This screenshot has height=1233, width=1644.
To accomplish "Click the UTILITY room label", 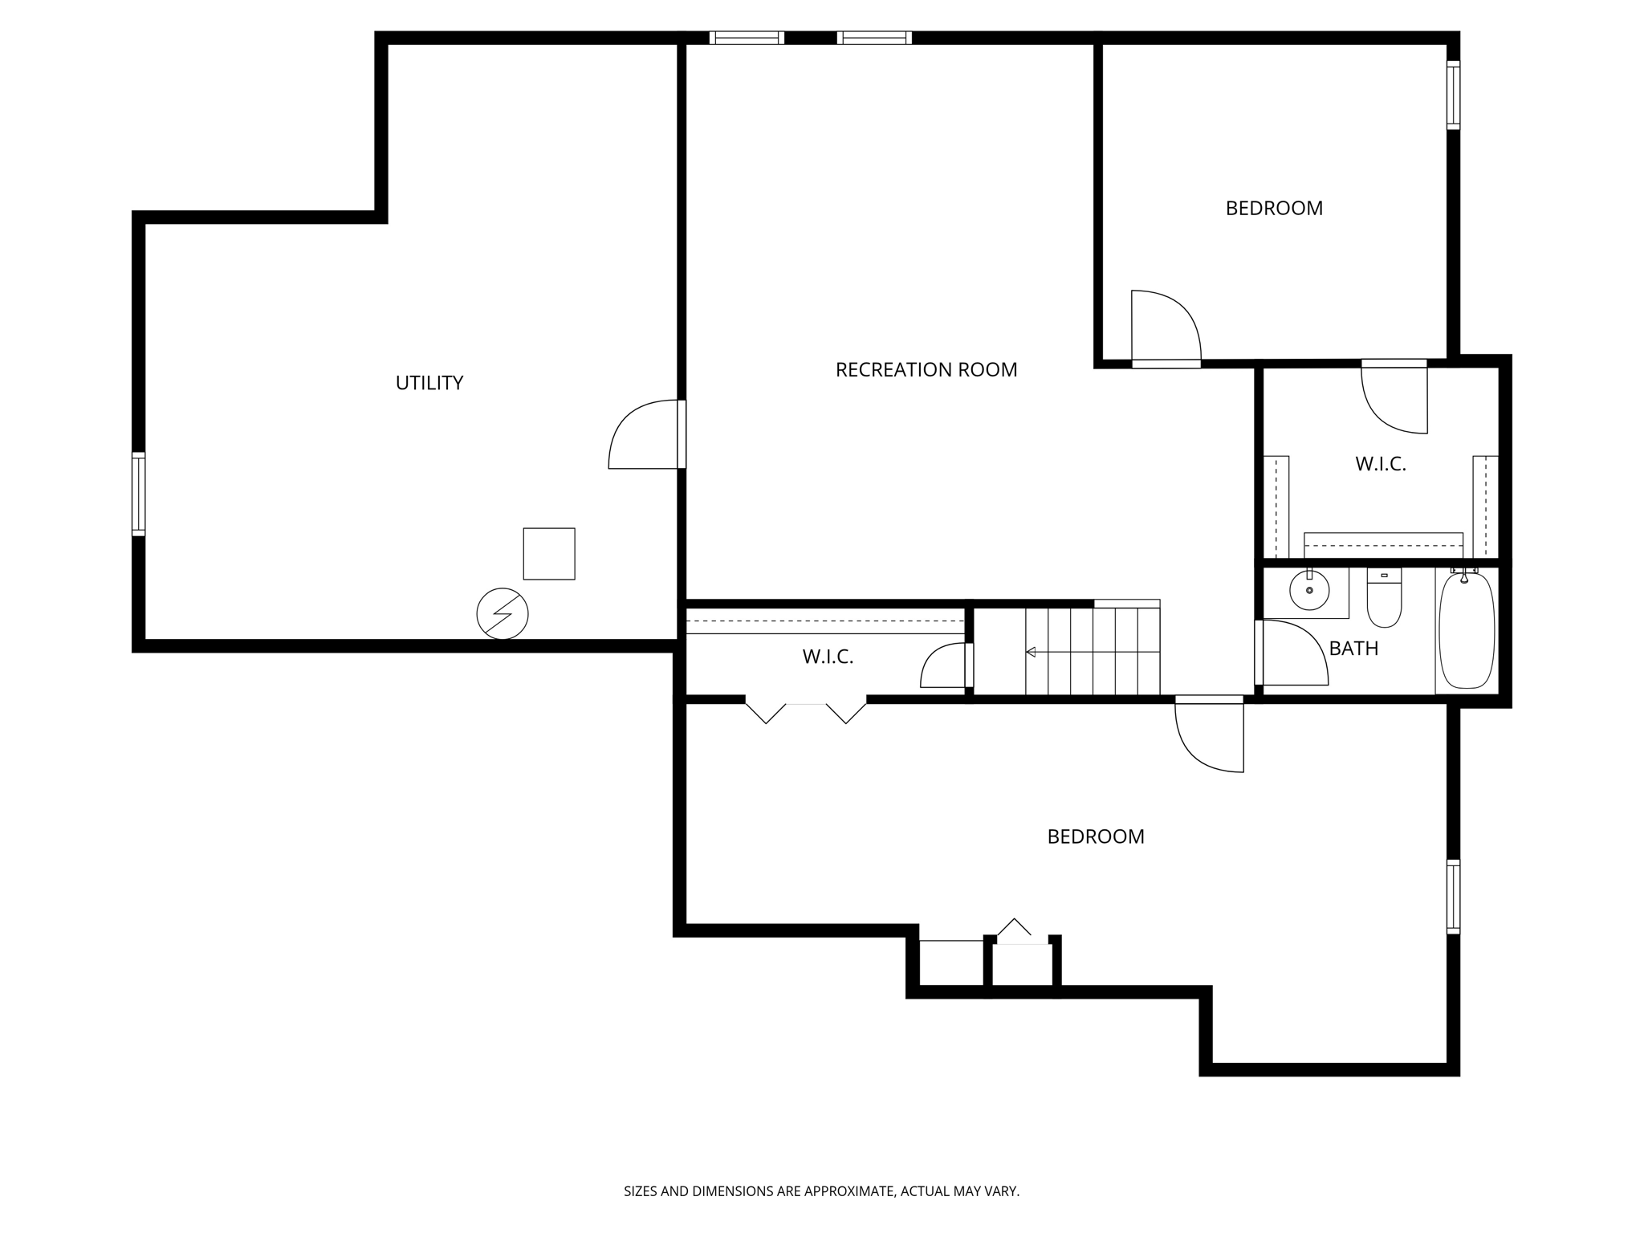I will pyautogui.click(x=429, y=383).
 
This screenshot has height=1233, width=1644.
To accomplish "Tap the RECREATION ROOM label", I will pyautogui.click(x=926, y=370).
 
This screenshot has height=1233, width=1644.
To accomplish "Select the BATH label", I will pyautogui.click(x=1353, y=649).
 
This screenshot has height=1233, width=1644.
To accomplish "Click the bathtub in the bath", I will pyautogui.click(x=1466, y=630).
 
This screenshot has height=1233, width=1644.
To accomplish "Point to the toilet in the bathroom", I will pyautogui.click(x=1384, y=600).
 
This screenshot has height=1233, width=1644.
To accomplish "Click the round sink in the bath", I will pyautogui.click(x=1309, y=591).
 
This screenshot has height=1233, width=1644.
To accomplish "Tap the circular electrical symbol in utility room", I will pyautogui.click(x=503, y=614).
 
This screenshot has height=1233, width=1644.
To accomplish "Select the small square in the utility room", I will pyautogui.click(x=549, y=554).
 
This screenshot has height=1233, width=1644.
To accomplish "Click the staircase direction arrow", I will pyautogui.click(x=1031, y=652).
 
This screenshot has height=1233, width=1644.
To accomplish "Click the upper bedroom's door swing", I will pyautogui.click(x=1165, y=328).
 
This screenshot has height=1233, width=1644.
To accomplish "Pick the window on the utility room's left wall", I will pyautogui.click(x=139, y=494).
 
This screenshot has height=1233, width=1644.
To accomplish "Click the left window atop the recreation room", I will pyautogui.click(x=747, y=38).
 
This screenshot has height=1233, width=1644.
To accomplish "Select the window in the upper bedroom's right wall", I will pyautogui.click(x=1453, y=95).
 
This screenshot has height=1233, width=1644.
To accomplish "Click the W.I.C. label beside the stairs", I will pyautogui.click(x=828, y=657).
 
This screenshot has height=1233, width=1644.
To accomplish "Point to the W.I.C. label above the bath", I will pyautogui.click(x=1381, y=464).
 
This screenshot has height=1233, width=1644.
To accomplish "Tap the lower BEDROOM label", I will pyautogui.click(x=1095, y=836).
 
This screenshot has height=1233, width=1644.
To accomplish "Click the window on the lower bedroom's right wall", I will pyautogui.click(x=1453, y=897).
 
